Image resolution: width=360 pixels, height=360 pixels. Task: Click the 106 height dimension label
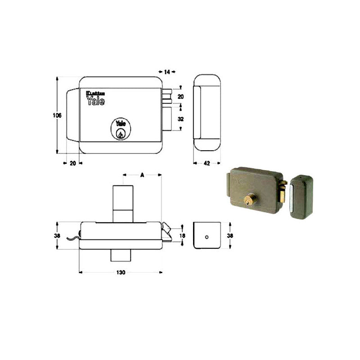pyautogui.click(x=57, y=116)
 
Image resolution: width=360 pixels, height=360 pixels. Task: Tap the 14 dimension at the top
pyautogui.click(x=167, y=72)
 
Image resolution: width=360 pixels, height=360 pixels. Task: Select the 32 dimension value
pyautogui.click(x=181, y=119)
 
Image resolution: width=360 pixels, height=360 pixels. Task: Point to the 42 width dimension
pyautogui.click(x=207, y=164)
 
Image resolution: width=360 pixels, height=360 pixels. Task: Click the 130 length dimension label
pyautogui.click(x=121, y=272)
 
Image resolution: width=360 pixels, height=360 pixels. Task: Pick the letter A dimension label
pyautogui.click(x=143, y=174)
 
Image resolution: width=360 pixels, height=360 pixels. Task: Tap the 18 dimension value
pyautogui.click(x=182, y=235)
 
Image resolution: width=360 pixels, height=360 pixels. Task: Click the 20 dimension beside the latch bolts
pyautogui.click(x=180, y=97)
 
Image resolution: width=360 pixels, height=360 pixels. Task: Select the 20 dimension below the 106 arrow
pyautogui.click(x=72, y=164)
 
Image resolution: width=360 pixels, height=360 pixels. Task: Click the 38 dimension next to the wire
pyautogui.click(x=57, y=235)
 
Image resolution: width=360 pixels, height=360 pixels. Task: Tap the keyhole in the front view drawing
pyautogui.click(x=120, y=134)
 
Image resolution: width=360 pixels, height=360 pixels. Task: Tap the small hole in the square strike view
pyautogui.click(x=206, y=236)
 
